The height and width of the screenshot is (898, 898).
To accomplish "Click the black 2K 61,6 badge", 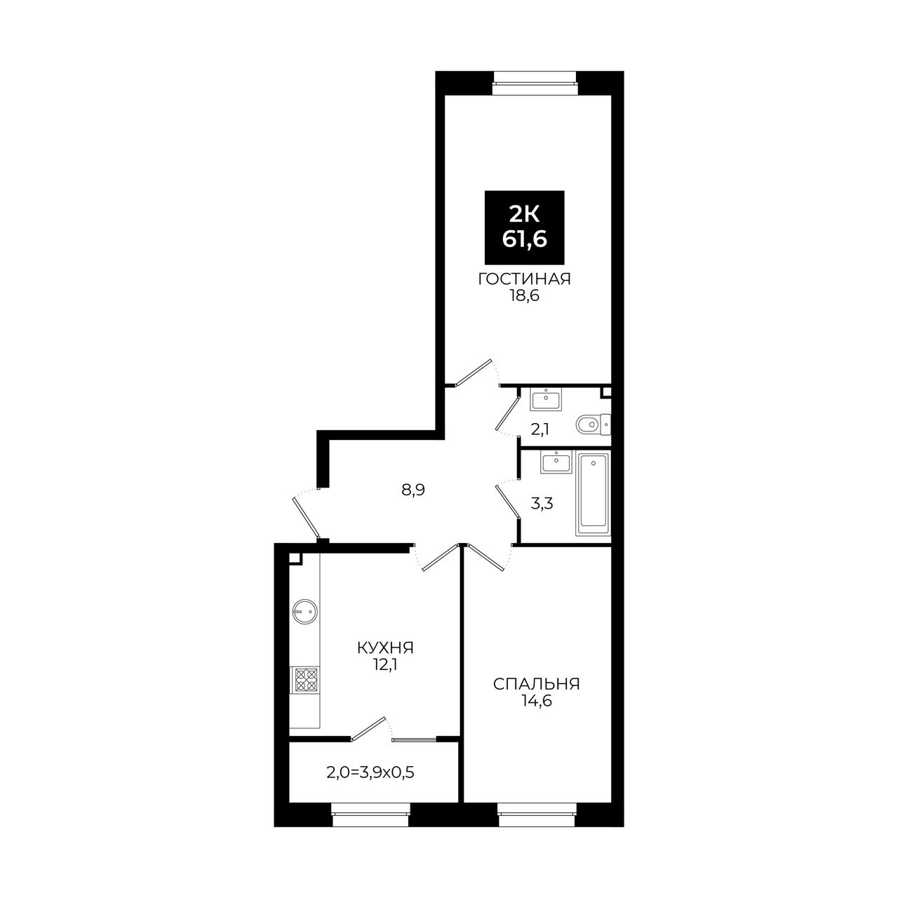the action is click(524, 227).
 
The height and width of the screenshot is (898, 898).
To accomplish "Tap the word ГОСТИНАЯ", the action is click(524, 279).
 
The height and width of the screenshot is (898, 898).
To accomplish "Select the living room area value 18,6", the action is click(524, 296).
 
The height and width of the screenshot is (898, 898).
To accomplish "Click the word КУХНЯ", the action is click(385, 648).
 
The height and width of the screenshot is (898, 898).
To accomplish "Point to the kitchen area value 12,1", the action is click(385, 665).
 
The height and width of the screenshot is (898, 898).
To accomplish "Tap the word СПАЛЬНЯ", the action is click(537, 684).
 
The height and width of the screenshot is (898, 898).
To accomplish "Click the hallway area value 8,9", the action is click(413, 490).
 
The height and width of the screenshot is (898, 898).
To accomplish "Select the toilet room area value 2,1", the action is click(540, 429).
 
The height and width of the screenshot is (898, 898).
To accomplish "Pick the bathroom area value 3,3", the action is click(542, 504).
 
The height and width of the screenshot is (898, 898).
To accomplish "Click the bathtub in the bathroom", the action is click(594, 495).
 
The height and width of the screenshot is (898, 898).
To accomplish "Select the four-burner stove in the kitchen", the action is click(305, 679).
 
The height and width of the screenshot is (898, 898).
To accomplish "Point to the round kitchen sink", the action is click(305, 610).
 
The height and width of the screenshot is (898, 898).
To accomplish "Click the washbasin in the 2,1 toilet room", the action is click(546, 399).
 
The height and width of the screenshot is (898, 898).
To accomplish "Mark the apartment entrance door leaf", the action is click(306, 517).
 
